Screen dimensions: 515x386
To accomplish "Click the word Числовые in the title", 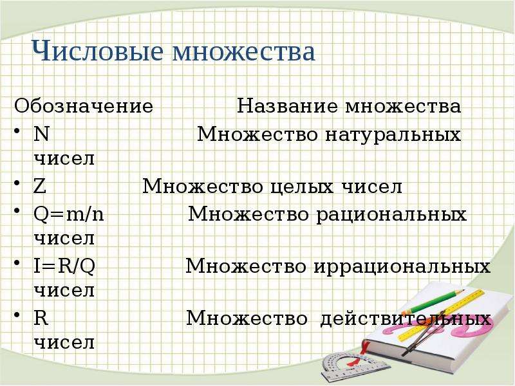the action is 98,51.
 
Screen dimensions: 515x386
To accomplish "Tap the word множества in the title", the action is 244,53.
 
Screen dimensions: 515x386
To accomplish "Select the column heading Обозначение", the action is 84,106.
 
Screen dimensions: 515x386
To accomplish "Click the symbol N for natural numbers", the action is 41,134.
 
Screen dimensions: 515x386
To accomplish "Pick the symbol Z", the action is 40,187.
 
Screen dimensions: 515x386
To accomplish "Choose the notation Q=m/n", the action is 69,215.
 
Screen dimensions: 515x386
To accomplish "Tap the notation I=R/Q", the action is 64,266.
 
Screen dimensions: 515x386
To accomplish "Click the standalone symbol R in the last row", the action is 41,318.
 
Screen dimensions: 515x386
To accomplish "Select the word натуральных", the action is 393,135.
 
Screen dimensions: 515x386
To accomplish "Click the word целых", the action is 302,187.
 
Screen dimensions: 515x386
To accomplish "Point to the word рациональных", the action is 391,216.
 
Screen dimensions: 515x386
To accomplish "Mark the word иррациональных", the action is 402,267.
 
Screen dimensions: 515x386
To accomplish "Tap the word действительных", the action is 406,318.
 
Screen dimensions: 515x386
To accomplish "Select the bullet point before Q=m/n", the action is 17,210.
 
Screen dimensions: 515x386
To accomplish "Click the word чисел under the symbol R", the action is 64,343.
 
